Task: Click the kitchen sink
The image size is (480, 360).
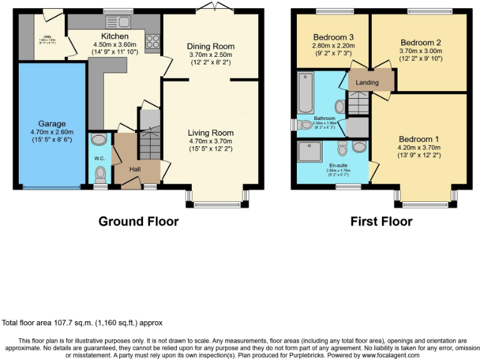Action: (119, 23)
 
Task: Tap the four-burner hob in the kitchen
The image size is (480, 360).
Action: (152, 42)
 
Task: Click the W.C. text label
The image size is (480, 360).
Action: (99, 158)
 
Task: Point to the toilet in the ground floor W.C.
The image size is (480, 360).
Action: (100, 174)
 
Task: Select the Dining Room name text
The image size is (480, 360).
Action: (211, 46)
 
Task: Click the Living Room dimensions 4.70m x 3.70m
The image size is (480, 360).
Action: (211, 141)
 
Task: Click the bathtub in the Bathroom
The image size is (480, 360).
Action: (306, 91)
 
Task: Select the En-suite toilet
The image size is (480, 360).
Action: (342, 148)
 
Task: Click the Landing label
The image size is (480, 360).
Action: (367, 82)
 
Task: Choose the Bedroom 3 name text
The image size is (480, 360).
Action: (334, 36)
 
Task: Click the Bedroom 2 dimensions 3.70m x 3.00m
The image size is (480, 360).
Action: (420, 51)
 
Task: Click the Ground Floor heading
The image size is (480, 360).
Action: (138, 221)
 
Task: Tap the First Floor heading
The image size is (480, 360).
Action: (381, 221)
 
